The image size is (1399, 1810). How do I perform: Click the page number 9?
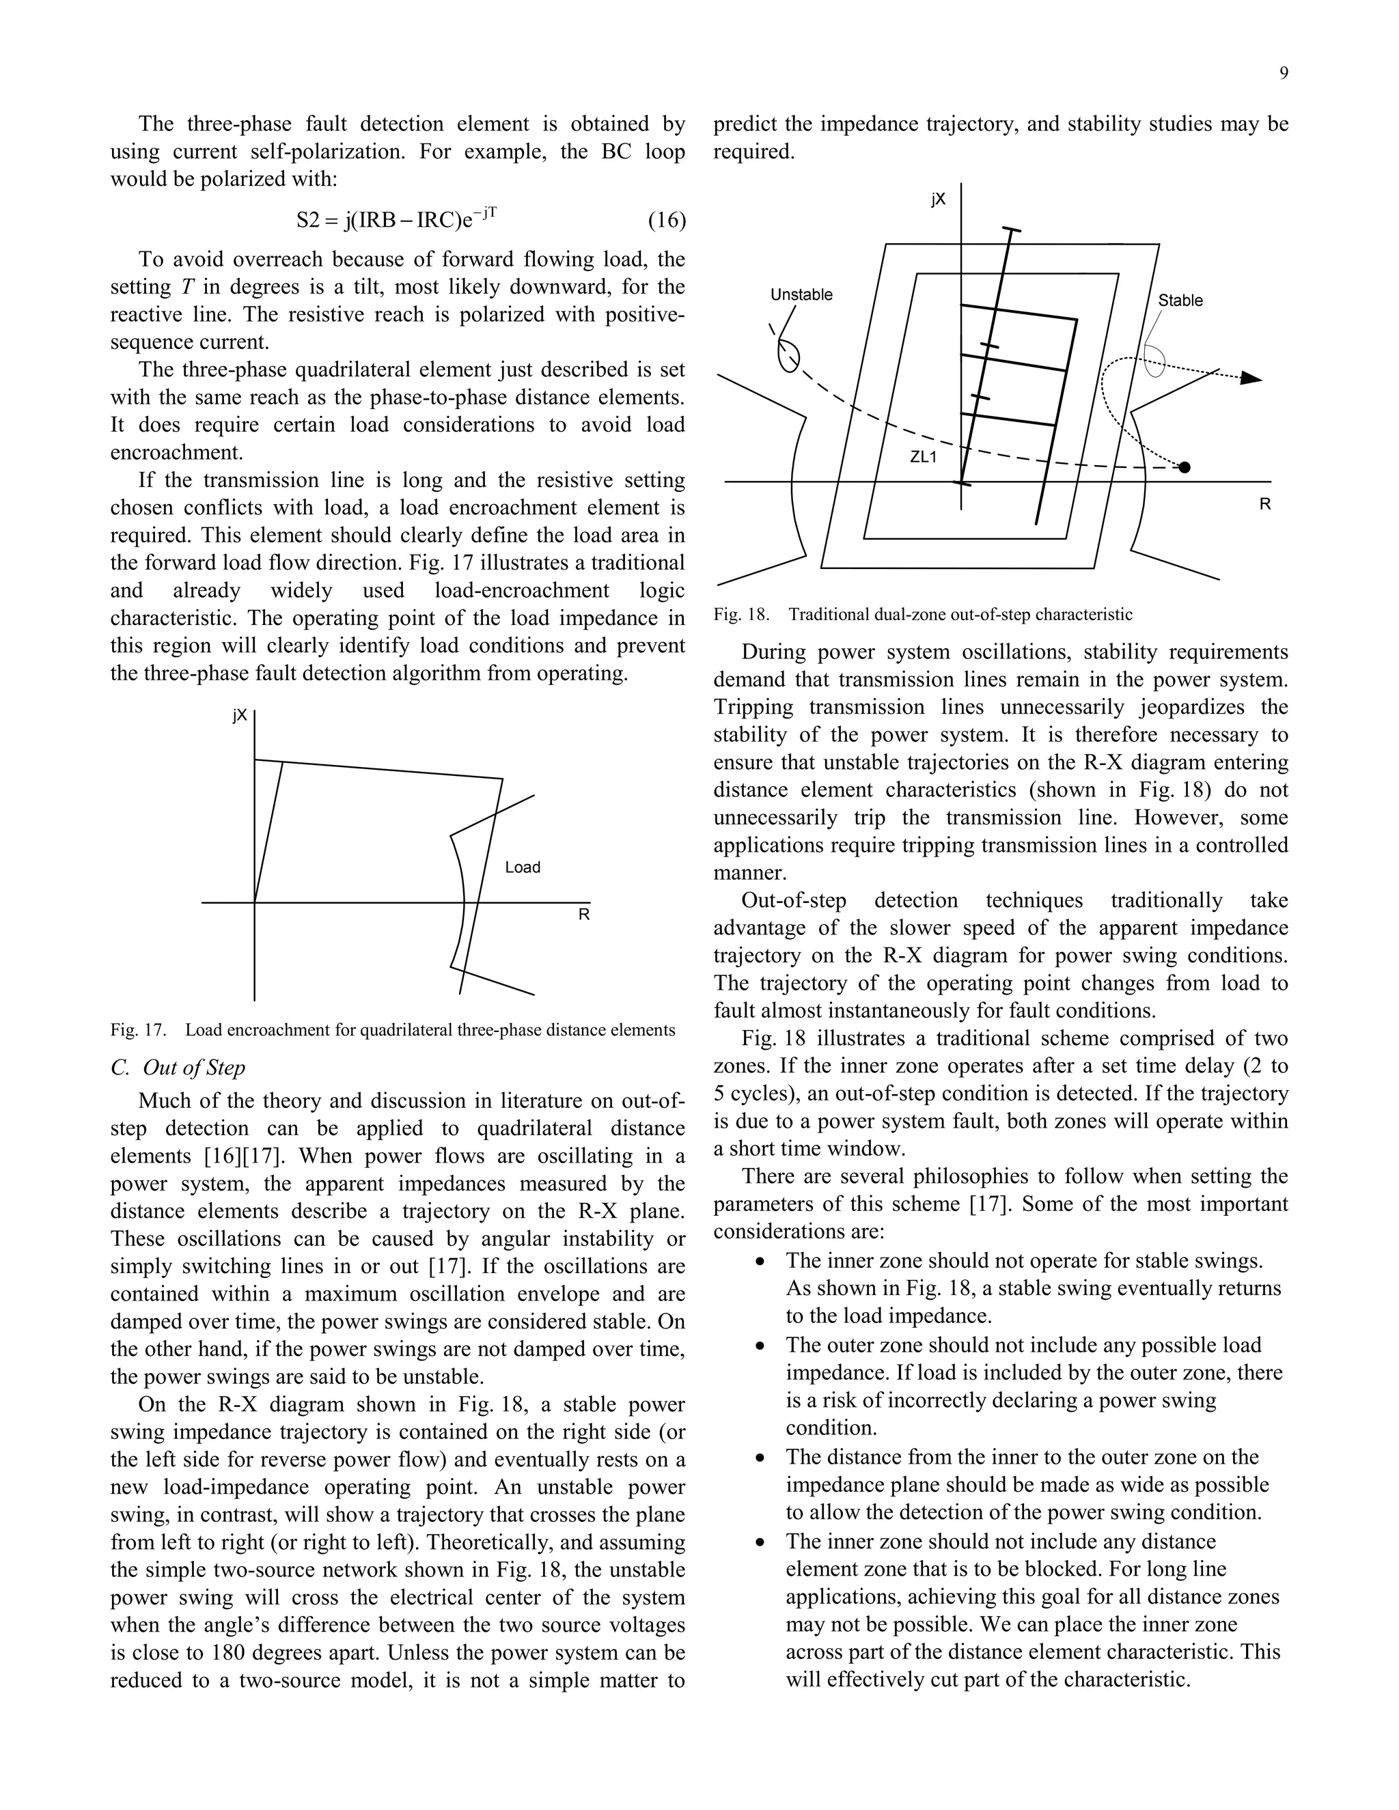click(x=1283, y=74)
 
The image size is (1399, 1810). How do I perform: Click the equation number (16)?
click(x=665, y=221)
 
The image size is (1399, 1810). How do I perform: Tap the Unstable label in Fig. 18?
click(x=801, y=295)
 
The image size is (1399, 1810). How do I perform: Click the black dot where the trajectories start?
click(x=1185, y=467)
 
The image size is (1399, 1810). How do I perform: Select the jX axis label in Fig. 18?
click(x=937, y=199)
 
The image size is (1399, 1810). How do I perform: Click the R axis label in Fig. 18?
click(x=1264, y=504)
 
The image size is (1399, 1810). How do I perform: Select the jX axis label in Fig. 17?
click(x=240, y=715)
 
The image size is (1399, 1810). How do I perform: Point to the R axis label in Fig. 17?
click(x=583, y=915)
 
